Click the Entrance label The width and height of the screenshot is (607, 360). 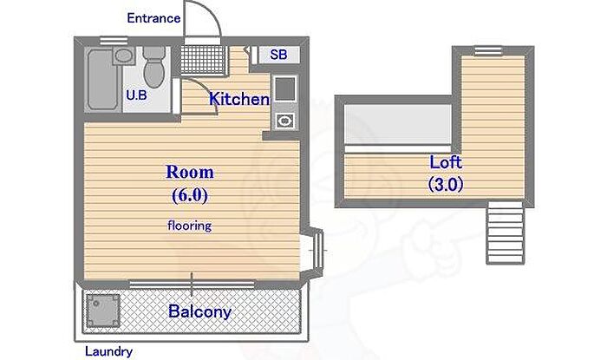pyautogui.click(x=153, y=18)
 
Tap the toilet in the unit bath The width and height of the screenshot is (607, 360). pyautogui.click(x=153, y=67)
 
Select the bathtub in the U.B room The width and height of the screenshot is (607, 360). pyautogui.click(x=102, y=80)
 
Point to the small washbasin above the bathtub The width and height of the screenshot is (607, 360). pyautogui.click(x=124, y=56)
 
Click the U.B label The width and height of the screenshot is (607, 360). pyautogui.click(x=137, y=95)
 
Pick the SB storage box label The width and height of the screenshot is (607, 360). pyautogui.click(x=278, y=55)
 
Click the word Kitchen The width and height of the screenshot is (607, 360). pyautogui.click(x=239, y=99)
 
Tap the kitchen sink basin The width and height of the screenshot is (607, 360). pyautogui.click(x=285, y=88)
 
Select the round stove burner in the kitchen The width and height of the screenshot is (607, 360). pyautogui.click(x=285, y=121)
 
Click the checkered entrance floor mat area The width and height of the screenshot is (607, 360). pyautogui.click(x=203, y=60)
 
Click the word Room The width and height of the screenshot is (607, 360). pyautogui.click(x=190, y=173)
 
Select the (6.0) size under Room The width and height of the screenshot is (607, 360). pyautogui.click(x=190, y=195)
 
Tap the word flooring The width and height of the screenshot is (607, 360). pyautogui.click(x=190, y=226)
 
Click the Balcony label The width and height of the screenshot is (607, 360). pyautogui.click(x=199, y=311)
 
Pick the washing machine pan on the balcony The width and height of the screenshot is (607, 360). pyautogui.click(x=102, y=311)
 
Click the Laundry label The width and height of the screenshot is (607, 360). pyautogui.click(x=108, y=351)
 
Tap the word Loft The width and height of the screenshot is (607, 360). pyautogui.click(x=446, y=162)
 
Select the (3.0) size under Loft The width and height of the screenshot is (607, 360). pyautogui.click(x=446, y=184)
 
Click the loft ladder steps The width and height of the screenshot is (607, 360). pyautogui.click(x=506, y=232)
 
